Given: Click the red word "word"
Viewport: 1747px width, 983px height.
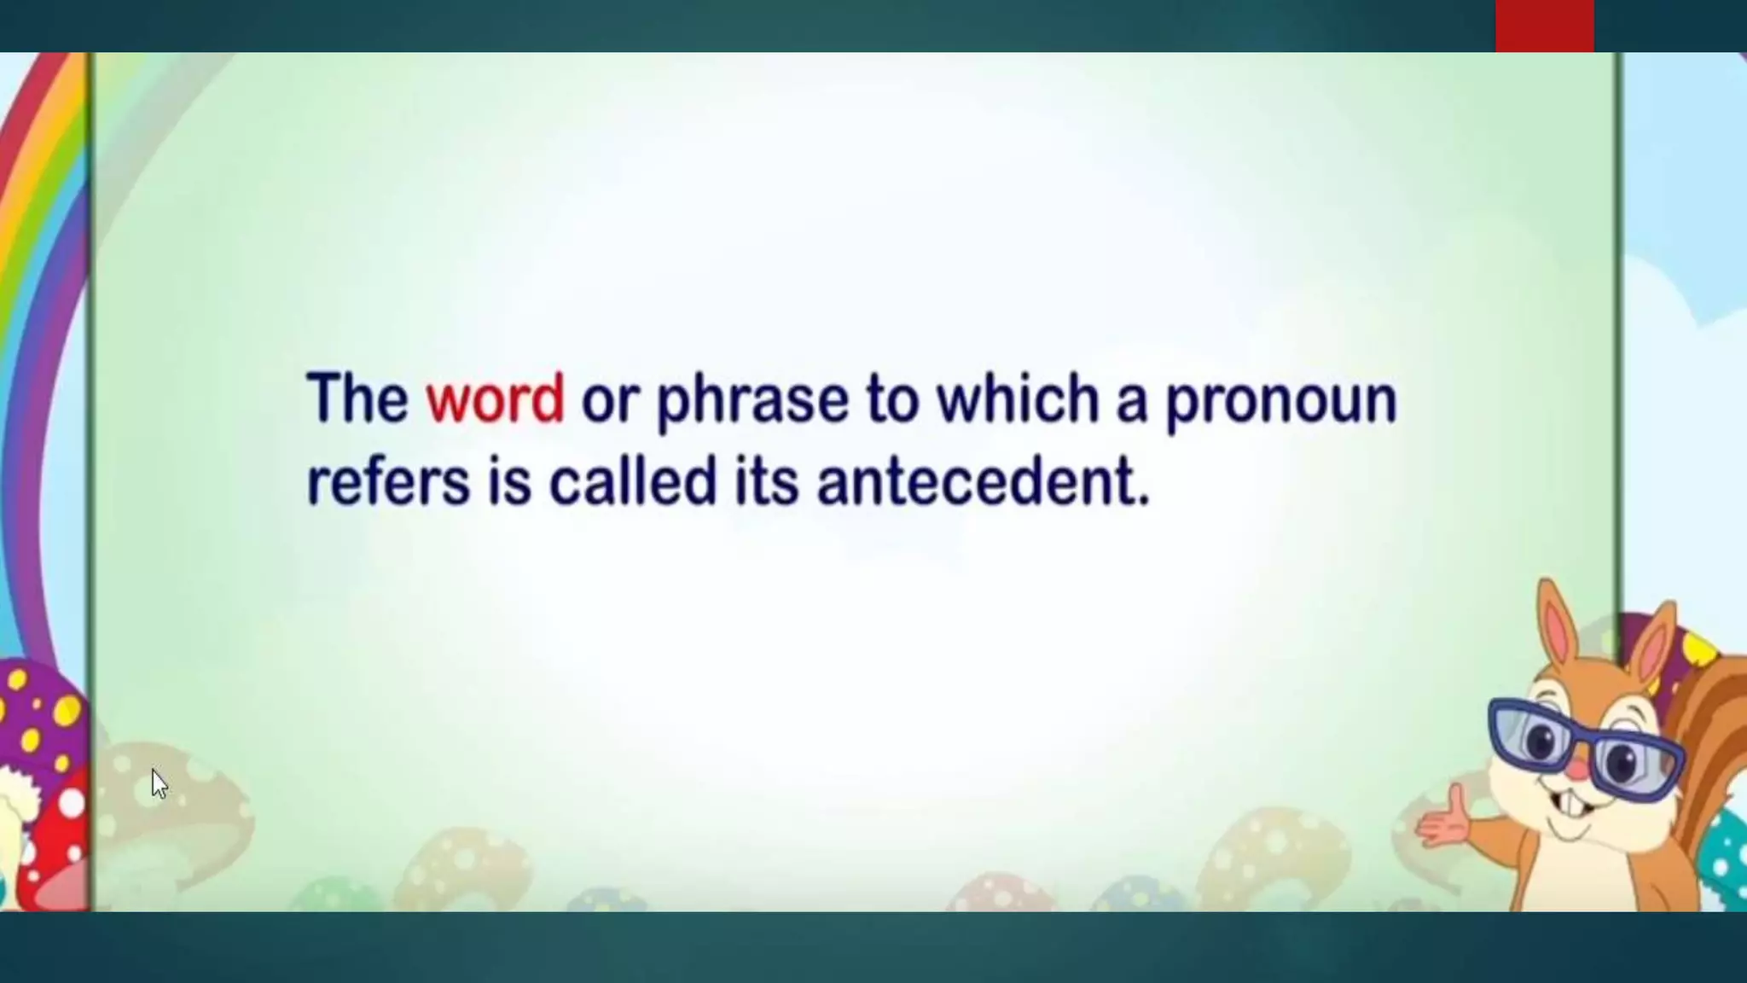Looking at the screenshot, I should pyautogui.click(x=495, y=398).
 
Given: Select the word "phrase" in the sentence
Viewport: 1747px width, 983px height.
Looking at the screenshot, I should pyautogui.click(x=752, y=401).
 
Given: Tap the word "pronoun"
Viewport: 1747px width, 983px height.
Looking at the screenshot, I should pyautogui.click(x=1280, y=401).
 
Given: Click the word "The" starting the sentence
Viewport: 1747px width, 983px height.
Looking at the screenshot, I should pyautogui.click(x=357, y=398).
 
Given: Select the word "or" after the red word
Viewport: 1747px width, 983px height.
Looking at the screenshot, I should pyautogui.click(x=609, y=401).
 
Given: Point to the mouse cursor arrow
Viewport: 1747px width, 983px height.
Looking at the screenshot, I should pyautogui.click(x=159, y=783).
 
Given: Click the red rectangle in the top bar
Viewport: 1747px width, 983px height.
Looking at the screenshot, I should pyautogui.click(x=1544, y=26).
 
